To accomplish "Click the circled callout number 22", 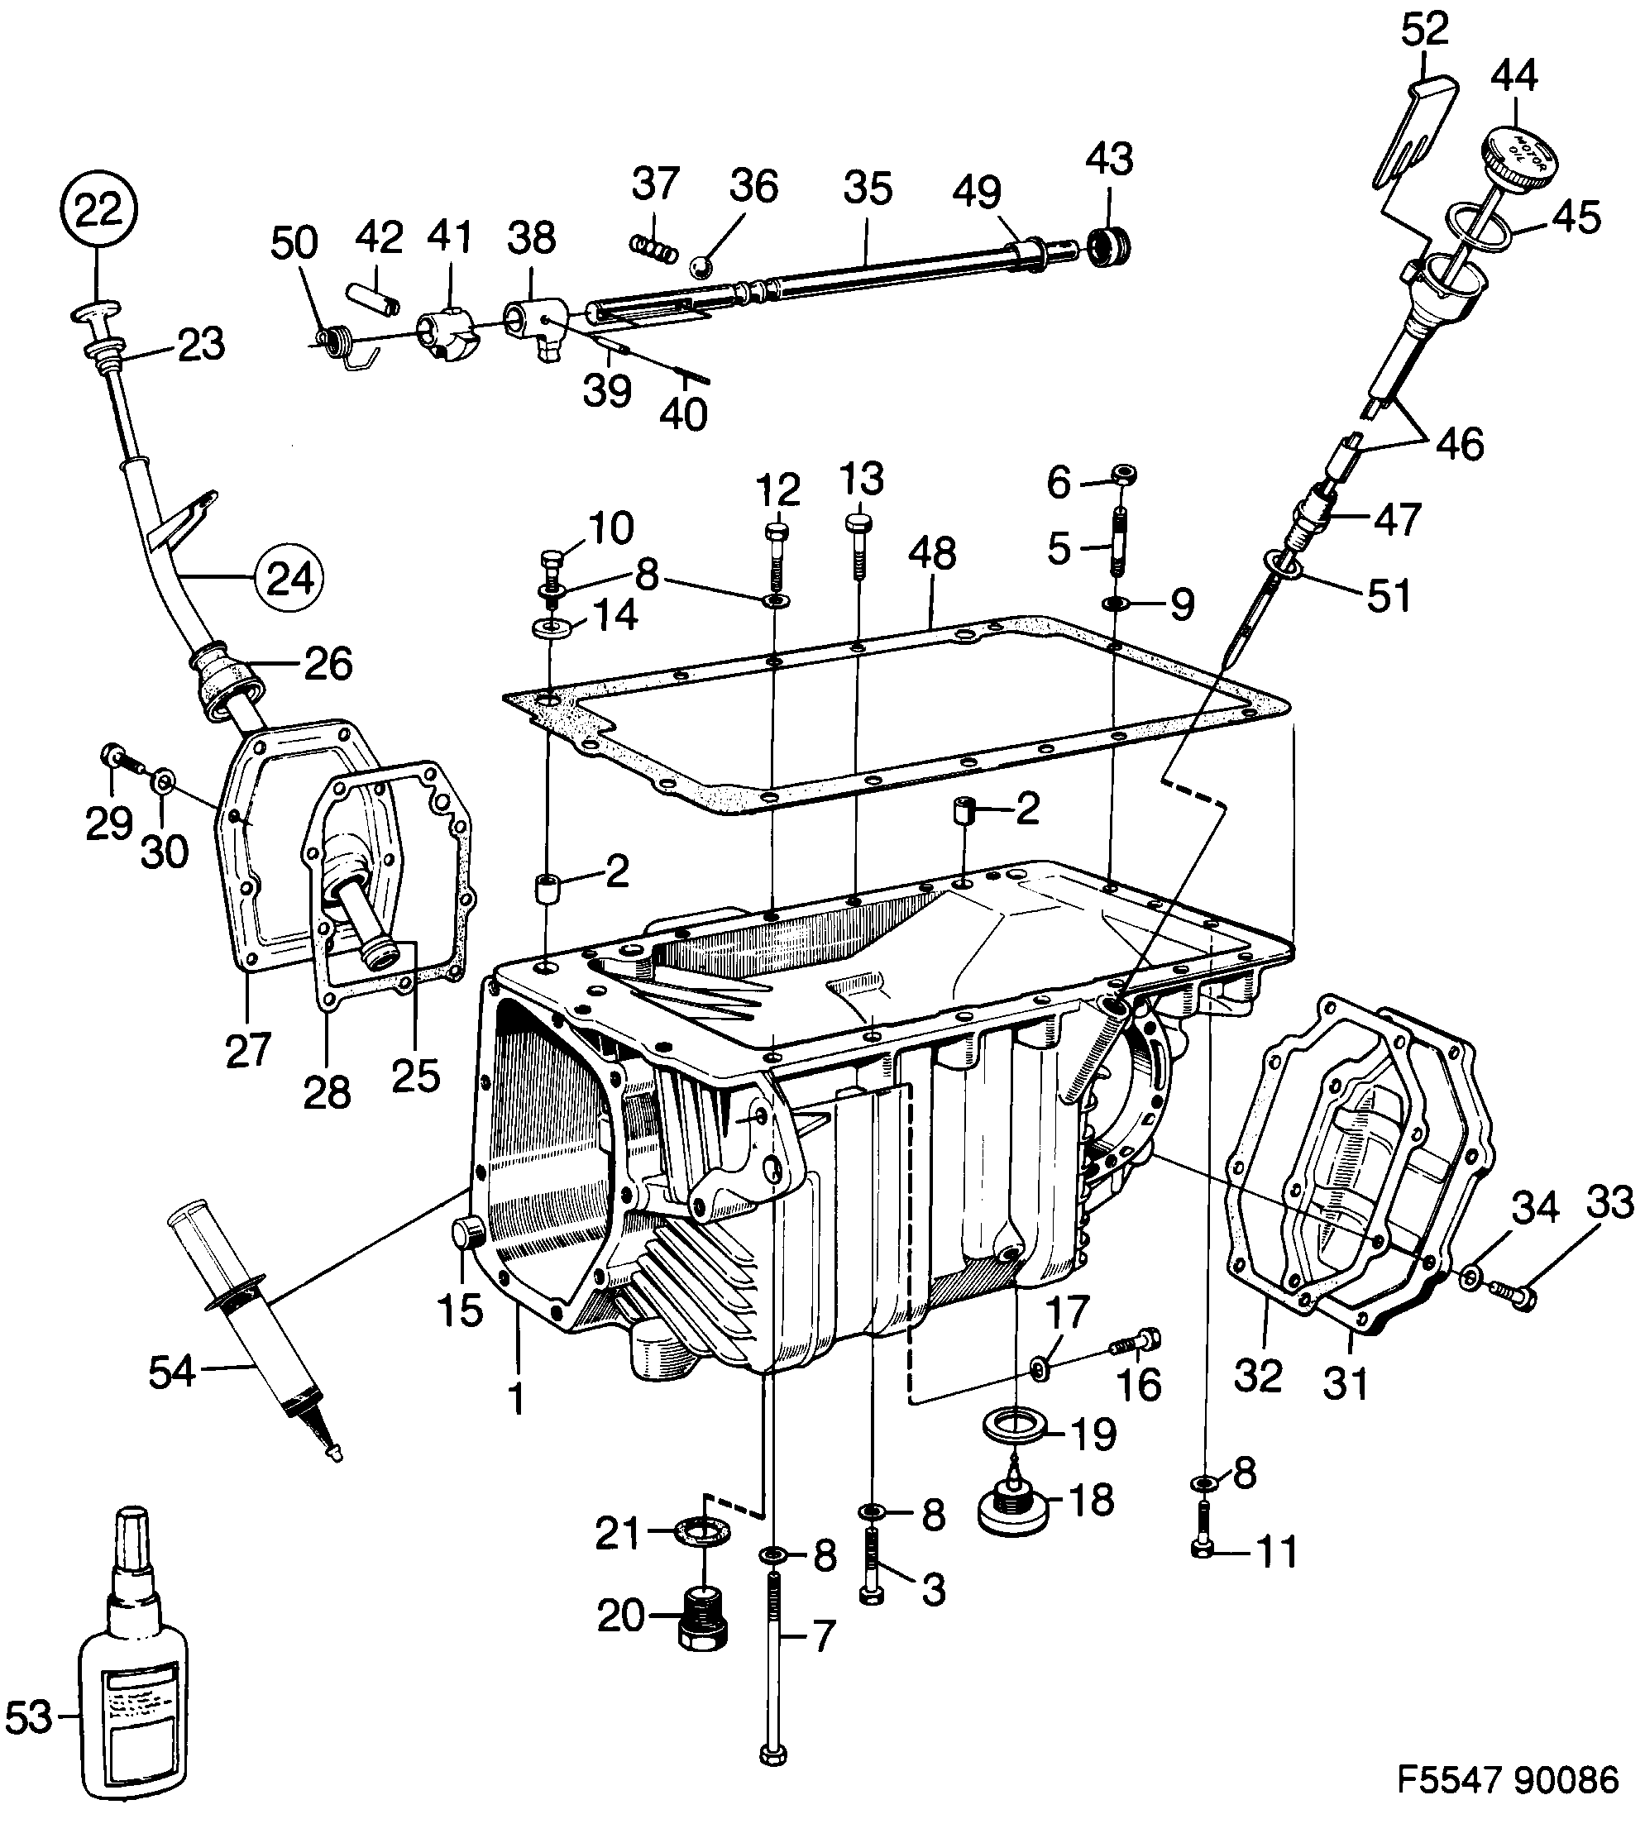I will pos(98,211).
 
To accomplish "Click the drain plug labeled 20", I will pos(702,1620).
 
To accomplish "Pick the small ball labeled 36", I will pos(701,266).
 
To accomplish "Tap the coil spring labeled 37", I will pos(653,246).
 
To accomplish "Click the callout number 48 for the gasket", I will pos(932,553).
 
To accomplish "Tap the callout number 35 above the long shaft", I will pos(868,188).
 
